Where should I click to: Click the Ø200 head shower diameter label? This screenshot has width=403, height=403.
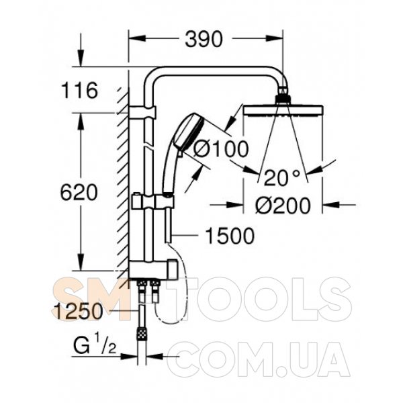point(283,205)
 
